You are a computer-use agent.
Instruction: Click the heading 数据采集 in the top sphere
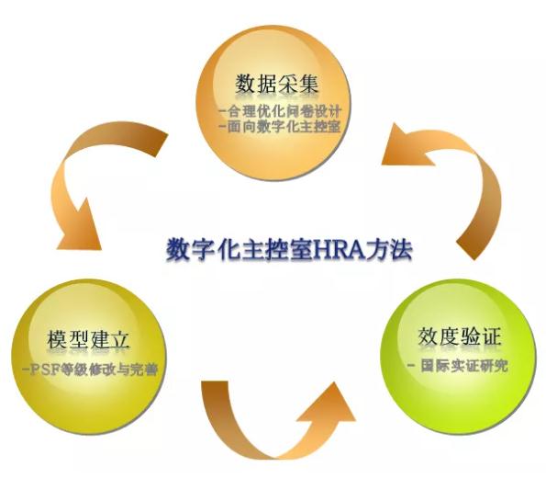[277, 84]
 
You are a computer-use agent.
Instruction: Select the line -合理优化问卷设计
[280, 111]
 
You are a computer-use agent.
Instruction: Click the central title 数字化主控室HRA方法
[289, 249]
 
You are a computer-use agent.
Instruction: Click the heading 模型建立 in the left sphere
[88, 339]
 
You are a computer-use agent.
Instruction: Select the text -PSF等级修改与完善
[90, 370]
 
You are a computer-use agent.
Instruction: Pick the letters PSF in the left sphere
[44, 370]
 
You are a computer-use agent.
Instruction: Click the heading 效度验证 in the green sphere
[460, 336]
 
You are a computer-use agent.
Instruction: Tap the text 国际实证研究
[464, 366]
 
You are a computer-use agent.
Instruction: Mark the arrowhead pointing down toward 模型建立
[80, 227]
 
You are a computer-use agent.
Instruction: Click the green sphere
[457, 357]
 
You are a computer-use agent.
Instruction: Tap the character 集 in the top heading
[308, 84]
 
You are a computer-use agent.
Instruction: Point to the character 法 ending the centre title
[402, 249]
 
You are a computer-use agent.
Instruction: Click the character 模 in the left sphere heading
[57, 339]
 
